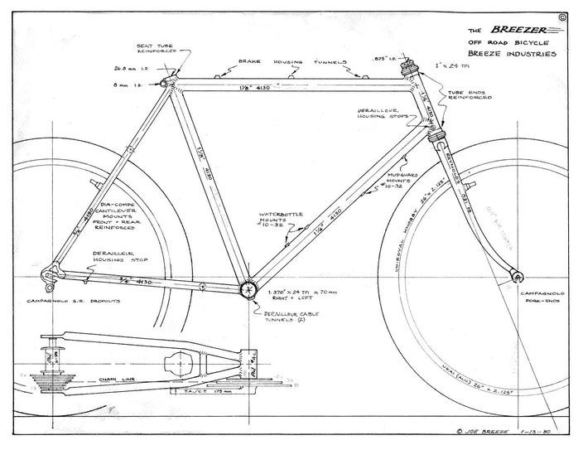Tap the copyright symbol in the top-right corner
(x=563, y=16)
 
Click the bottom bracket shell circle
(x=248, y=289)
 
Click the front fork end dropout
(x=517, y=273)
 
